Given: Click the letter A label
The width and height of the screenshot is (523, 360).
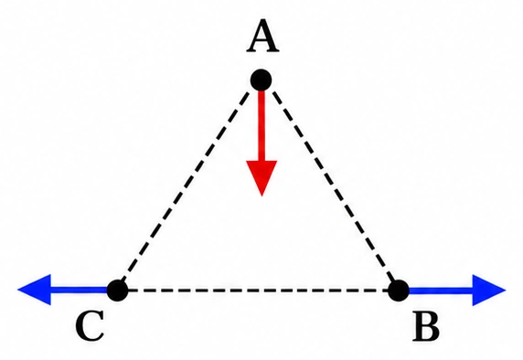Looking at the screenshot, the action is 262,36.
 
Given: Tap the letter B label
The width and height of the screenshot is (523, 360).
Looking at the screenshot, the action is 426,326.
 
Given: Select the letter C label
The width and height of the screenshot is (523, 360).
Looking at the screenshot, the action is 90,327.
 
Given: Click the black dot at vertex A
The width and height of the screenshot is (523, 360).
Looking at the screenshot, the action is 261,80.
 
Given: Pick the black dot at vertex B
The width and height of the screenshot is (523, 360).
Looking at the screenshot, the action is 399,291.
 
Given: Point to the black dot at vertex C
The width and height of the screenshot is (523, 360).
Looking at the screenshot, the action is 117,291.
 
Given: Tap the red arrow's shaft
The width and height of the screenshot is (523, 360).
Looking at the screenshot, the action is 261,126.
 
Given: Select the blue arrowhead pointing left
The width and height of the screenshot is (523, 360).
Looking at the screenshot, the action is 35,290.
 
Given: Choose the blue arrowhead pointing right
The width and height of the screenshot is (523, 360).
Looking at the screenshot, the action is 489,290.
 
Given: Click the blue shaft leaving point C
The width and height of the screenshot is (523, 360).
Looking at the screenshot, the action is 80,290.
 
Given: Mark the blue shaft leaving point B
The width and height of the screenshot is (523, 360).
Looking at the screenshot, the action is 441,291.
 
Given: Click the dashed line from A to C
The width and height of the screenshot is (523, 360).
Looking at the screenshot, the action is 185,185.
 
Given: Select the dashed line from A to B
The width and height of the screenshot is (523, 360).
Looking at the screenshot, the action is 334,185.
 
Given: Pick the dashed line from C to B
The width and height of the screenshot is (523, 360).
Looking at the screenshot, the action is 258,291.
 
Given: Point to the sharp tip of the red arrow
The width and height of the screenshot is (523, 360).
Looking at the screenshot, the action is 261,196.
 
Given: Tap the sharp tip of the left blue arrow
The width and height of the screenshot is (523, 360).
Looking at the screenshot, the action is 17,290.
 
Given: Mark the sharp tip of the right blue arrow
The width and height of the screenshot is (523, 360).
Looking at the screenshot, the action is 506,290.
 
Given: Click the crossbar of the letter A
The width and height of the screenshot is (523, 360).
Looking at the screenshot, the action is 262,41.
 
